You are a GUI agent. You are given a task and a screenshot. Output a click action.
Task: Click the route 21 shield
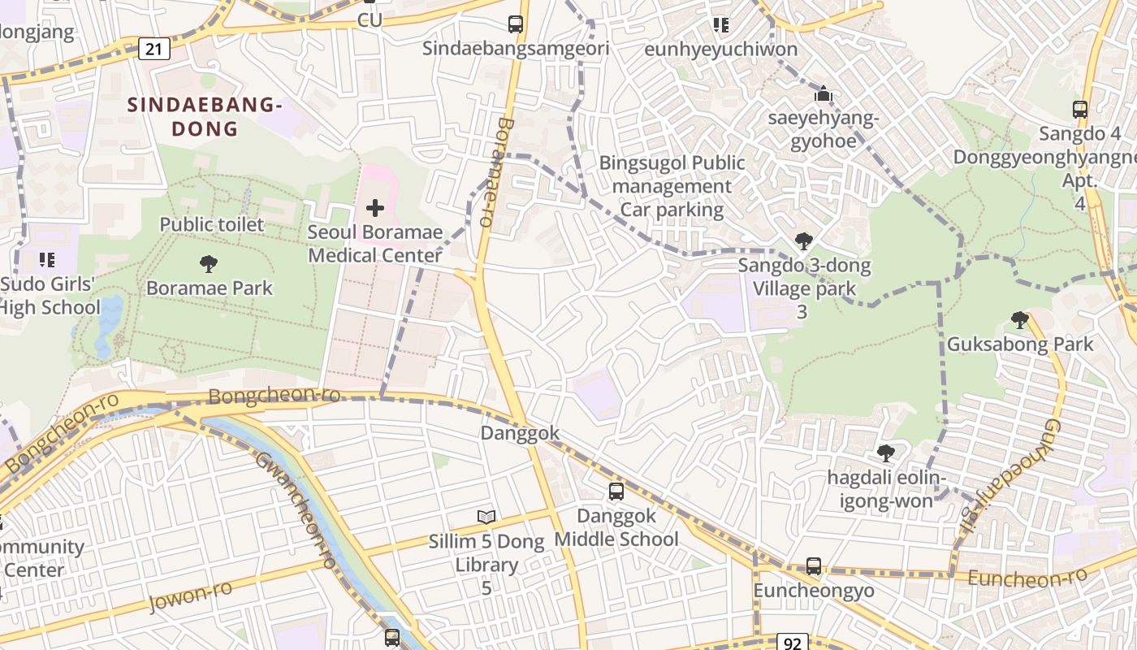pyautogui.click(x=154, y=49)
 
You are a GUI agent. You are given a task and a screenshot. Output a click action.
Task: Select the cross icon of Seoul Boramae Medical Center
pyautogui.click(x=374, y=208)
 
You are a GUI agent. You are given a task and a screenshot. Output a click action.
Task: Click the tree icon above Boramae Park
pyautogui.click(x=209, y=263)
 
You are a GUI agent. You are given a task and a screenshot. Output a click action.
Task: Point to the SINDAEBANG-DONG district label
pyautogui.click(x=205, y=116)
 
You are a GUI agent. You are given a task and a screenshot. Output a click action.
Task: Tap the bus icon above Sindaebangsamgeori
pyautogui.click(x=516, y=24)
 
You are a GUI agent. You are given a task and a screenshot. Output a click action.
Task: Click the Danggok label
pyautogui.click(x=521, y=433)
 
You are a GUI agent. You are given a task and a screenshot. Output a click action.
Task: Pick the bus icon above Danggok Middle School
pyautogui.click(x=616, y=491)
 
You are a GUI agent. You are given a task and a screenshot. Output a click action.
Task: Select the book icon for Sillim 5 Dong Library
pyautogui.click(x=486, y=517)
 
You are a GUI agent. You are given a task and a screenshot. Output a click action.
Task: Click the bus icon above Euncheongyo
pyautogui.click(x=814, y=565)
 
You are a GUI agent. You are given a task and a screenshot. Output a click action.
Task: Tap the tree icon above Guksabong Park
pyautogui.click(x=1020, y=320)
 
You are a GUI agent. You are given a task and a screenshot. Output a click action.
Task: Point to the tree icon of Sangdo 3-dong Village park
pyautogui.click(x=804, y=240)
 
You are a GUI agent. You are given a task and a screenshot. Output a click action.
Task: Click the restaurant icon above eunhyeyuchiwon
pyautogui.click(x=720, y=25)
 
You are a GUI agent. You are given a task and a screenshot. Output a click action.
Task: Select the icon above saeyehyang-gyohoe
pyautogui.click(x=824, y=94)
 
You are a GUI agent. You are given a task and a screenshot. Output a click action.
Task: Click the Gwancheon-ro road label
pyautogui.click(x=296, y=509)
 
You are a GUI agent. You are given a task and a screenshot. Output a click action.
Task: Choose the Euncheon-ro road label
pyautogui.click(x=1027, y=578)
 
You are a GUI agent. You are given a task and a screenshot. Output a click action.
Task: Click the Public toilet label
pyautogui.click(x=212, y=224)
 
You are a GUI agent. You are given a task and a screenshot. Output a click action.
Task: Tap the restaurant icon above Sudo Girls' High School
pyautogui.click(x=47, y=260)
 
